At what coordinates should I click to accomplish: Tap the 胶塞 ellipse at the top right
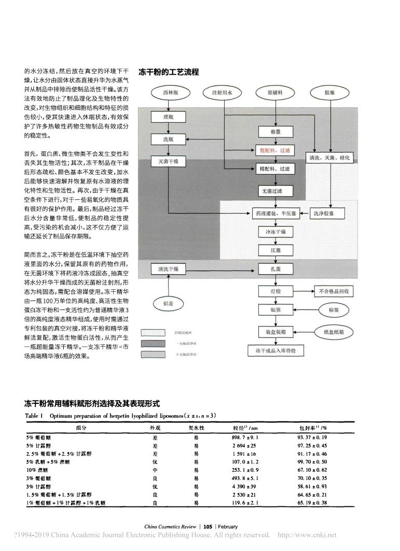coord(330,94)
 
